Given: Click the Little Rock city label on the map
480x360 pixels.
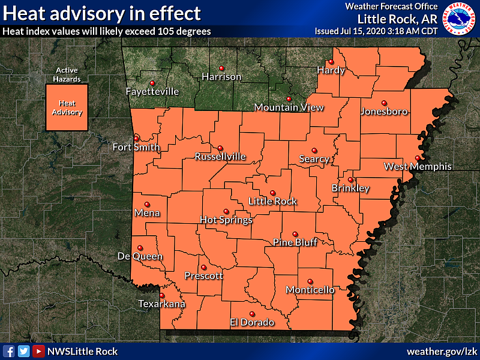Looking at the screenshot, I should [x=273, y=202].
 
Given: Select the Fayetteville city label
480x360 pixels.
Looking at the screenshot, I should [x=152, y=92].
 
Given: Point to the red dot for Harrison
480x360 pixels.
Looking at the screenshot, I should [x=221, y=67].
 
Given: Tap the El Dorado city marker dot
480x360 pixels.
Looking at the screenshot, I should [x=251, y=313].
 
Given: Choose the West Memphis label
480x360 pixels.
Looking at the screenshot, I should [x=418, y=166].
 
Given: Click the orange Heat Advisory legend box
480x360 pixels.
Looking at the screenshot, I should [x=67, y=107].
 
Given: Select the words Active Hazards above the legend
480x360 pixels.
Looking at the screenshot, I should [x=67, y=74].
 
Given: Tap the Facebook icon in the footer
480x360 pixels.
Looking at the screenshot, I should [x=9, y=352].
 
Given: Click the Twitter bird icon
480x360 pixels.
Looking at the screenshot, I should [x=23, y=352].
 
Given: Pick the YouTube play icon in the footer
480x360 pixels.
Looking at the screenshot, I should [x=38, y=352].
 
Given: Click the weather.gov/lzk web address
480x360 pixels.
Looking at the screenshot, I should [x=441, y=352].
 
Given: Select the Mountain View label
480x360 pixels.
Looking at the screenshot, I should [x=289, y=107].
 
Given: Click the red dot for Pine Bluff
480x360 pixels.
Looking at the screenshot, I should [x=295, y=234].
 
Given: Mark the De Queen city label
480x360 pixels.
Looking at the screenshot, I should [x=140, y=256].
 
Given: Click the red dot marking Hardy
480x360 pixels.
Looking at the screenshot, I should [x=330, y=61].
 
